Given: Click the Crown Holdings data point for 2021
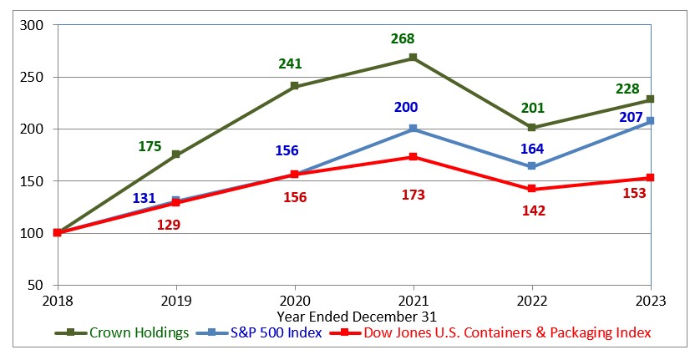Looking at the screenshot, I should click(x=413, y=58).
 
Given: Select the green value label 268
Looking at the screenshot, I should click(x=403, y=38).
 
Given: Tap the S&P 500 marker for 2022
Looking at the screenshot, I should click(x=531, y=166).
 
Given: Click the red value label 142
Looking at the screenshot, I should click(x=533, y=210).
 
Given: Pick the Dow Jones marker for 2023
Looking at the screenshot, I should click(x=650, y=177).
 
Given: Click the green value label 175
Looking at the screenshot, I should click(x=150, y=146).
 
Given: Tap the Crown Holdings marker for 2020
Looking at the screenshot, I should click(x=294, y=86).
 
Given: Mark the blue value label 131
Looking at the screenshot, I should click(x=145, y=199).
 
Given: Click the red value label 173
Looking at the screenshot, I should click(x=413, y=195).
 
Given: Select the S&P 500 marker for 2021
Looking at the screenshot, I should click(x=413, y=129).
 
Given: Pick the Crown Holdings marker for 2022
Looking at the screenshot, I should click(x=531, y=128).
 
